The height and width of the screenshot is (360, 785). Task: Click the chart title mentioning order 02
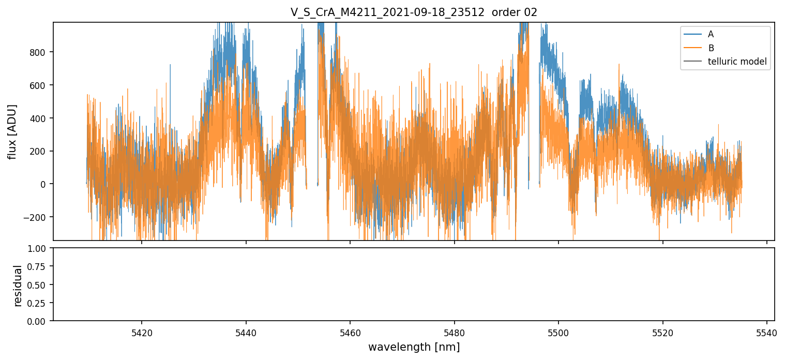[x=414, y=12]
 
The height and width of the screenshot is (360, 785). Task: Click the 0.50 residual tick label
[x=39, y=284]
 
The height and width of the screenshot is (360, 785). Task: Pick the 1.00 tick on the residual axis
[x=39, y=248]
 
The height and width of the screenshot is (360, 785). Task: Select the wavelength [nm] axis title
[x=414, y=347]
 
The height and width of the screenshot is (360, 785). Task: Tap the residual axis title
[x=18, y=285]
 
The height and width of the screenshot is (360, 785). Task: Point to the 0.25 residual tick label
[x=39, y=303]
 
